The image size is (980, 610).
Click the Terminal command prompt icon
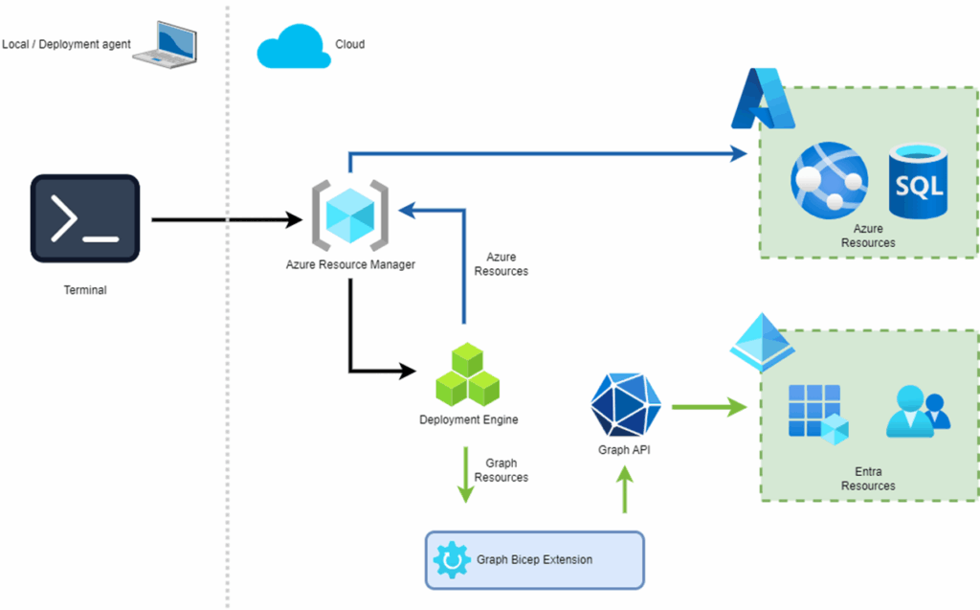[85, 218]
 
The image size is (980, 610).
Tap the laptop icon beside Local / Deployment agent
[165, 45]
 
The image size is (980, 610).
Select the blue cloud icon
[292, 46]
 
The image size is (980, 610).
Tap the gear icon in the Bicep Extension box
[450, 559]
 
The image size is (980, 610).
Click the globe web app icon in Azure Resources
[829, 178]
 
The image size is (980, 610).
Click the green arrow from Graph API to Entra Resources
[708, 407]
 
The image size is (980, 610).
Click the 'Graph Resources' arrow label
[501, 470]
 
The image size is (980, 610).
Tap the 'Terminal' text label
[84, 290]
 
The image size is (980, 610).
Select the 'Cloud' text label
[349, 44]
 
